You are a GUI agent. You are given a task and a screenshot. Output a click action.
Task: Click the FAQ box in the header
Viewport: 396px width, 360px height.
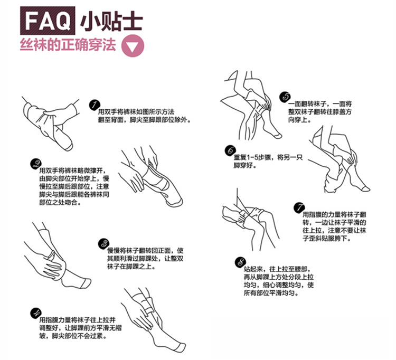48,21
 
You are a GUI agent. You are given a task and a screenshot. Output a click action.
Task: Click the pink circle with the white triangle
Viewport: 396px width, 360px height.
133,46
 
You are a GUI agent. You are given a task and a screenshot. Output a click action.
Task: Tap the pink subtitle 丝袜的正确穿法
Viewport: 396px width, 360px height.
68,45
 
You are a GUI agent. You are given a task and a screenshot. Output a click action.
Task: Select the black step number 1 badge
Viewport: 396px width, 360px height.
95,105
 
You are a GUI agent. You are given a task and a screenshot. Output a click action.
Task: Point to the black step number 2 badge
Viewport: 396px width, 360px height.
36,164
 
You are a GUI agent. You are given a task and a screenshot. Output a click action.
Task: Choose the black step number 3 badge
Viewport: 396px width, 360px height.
103,244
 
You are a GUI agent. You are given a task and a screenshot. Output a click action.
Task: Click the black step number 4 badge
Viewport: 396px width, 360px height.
35,314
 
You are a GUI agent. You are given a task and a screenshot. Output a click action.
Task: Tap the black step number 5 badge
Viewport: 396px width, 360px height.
285,97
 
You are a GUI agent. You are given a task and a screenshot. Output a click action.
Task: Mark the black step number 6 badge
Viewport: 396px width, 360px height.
230,150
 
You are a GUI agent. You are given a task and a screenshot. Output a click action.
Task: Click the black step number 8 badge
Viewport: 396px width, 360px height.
240,262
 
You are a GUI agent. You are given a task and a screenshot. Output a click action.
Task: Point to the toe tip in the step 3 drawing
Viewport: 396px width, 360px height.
89,282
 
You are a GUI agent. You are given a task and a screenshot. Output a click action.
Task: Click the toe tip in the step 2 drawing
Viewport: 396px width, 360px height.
181,202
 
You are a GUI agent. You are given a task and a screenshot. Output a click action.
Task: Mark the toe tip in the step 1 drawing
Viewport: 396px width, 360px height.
70,147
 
